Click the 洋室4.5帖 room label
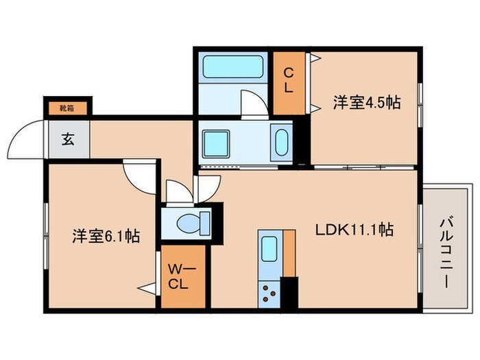367,103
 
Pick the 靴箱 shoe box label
67,107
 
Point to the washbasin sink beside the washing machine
280,142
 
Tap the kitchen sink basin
269,248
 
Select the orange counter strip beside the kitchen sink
289,254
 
